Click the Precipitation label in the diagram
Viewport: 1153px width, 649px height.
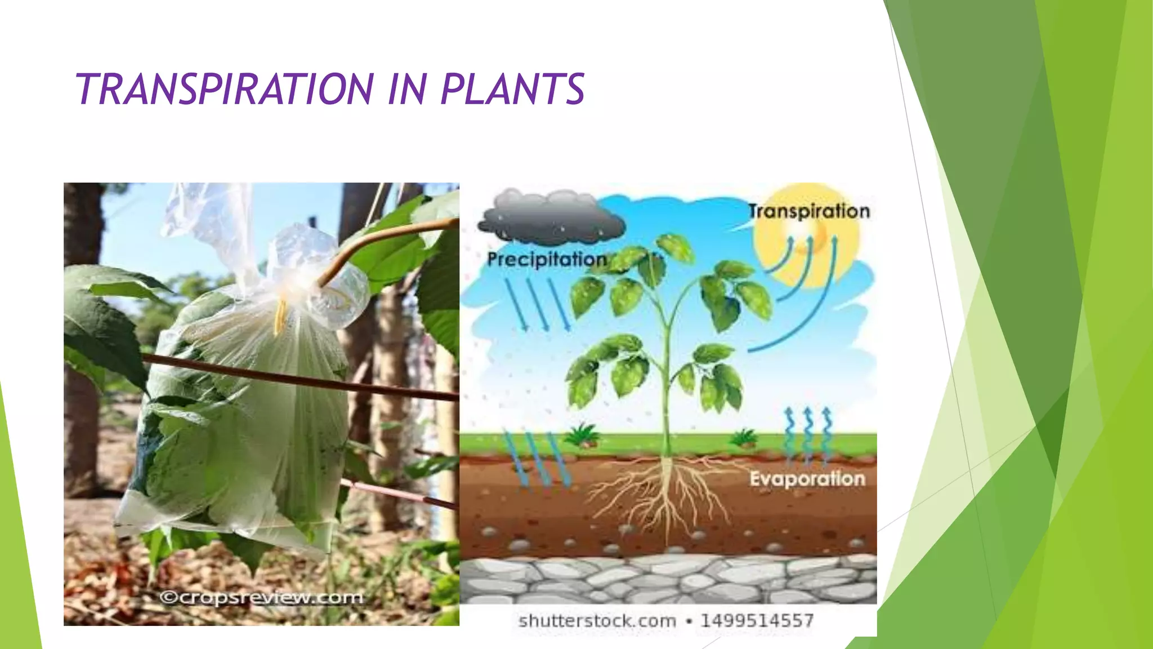point(547,260)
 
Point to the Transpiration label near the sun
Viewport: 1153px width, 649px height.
point(809,211)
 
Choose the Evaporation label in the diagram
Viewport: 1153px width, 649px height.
point(807,479)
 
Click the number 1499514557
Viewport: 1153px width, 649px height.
point(757,621)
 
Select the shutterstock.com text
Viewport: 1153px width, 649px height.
point(597,621)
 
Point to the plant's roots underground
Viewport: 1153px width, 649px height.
point(664,490)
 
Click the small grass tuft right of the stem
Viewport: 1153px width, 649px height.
point(743,437)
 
